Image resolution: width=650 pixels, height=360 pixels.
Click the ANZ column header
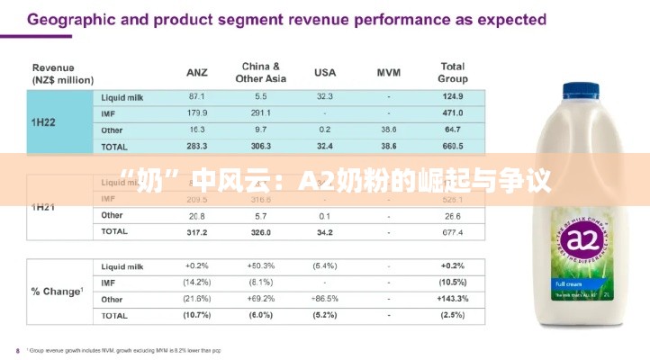coord(197,72)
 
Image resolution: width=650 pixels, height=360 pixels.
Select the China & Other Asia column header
coord(261,72)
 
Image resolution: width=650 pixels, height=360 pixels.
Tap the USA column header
coord(325,72)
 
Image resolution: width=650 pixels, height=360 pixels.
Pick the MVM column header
coord(388,72)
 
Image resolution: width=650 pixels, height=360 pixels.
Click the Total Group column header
coord(452,72)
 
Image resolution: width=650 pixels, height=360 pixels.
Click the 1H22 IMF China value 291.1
coord(261,112)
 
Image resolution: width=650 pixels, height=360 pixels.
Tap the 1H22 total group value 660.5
coord(452,145)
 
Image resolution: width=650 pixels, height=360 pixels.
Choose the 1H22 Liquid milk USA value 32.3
coord(325,96)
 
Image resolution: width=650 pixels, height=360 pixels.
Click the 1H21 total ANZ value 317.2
coord(197,232)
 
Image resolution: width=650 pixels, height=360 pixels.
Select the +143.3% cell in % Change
coord(452,299)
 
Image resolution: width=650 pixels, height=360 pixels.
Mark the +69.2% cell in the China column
coord(261,299)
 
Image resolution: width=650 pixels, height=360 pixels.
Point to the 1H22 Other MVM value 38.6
coord(388,129)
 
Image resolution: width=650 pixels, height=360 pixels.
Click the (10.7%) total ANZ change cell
coord(197,315)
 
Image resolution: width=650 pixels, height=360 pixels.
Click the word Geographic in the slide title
coord(80,19)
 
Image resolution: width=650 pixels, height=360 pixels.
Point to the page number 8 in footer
coord(17,350)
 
